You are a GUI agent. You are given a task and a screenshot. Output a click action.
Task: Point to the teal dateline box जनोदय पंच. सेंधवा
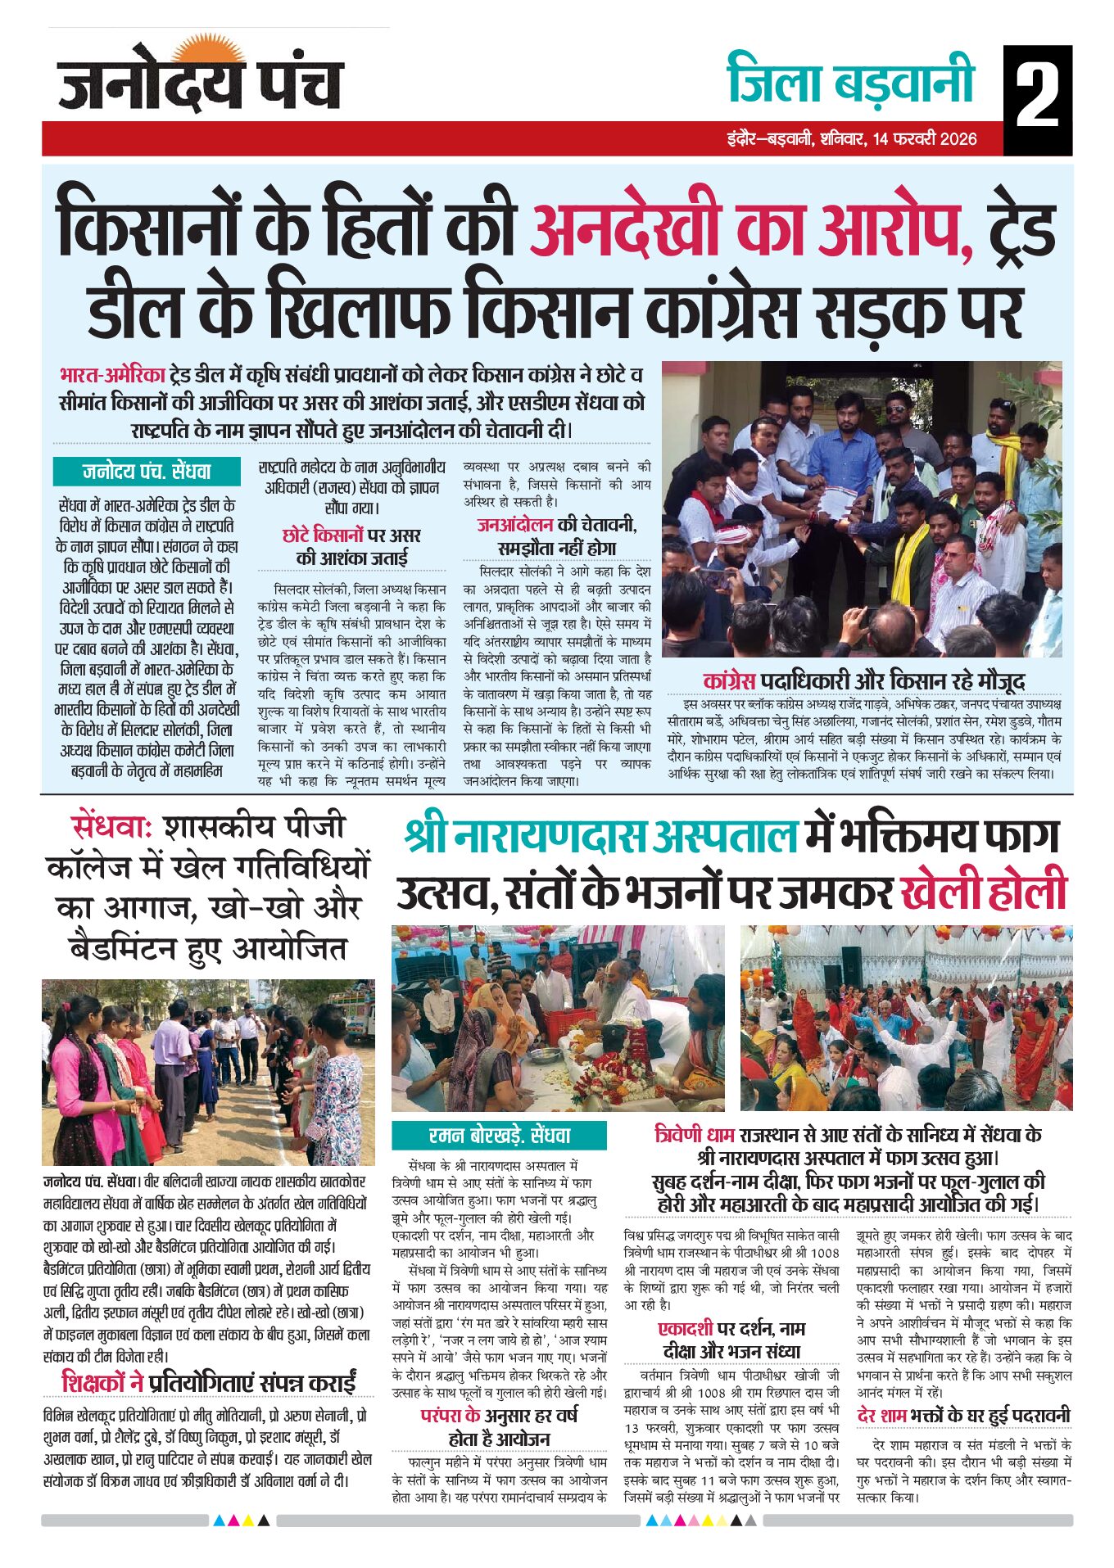[147, 472]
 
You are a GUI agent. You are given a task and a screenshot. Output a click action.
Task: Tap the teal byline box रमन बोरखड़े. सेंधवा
[499, 1136]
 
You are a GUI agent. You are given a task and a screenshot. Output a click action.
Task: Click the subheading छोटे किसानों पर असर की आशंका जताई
[351, 546]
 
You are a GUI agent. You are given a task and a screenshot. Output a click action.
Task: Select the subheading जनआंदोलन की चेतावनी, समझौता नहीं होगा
[557, 535]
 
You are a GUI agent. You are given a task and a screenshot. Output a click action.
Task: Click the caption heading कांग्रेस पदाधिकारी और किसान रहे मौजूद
[863, 680]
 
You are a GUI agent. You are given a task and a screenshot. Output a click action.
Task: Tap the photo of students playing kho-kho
[208, 1072]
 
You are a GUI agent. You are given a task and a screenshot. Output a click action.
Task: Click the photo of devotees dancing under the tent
[906, 1018]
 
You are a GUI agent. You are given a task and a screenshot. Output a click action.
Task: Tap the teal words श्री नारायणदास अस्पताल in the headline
[600, 836]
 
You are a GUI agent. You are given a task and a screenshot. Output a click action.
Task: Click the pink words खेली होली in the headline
[984, 891]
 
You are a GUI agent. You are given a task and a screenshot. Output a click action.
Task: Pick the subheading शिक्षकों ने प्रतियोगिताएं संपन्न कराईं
[209, 1382]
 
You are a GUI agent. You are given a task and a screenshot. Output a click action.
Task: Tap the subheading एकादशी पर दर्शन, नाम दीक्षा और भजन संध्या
[731, 1340]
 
